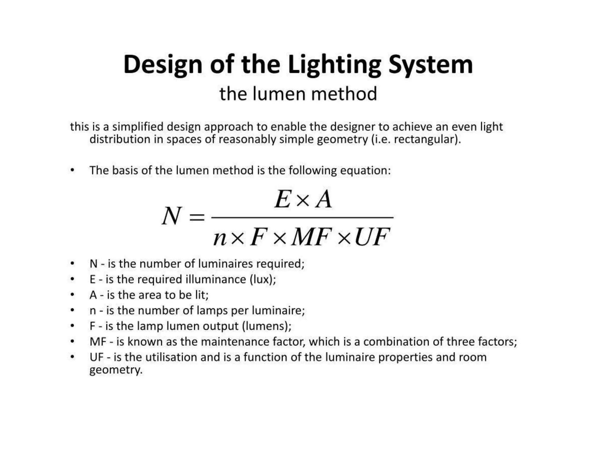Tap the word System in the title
[x=431, y=65]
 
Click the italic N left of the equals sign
[x=171, y=216]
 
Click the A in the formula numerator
[x=324, y=199]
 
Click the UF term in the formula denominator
[x=372, y=237]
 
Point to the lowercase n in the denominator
[x=220, y=238]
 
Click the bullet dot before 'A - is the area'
[x=72, y=295]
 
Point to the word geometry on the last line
[x=116, y=370]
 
